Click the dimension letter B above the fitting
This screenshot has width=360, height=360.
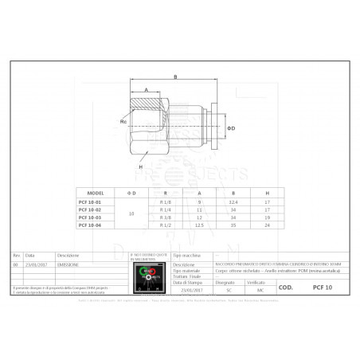click(x=174, y=76)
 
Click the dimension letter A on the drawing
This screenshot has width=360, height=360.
click(x=147, y=90)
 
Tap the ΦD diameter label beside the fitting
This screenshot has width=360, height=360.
click(x=232, y=127)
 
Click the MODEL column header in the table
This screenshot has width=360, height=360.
click(x=95, y=193)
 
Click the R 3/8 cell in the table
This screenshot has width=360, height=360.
click(x=166, y=217)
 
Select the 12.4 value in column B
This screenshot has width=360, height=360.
click(x=233, y=203)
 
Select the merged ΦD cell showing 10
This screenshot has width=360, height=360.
click(x=131, y=214)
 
